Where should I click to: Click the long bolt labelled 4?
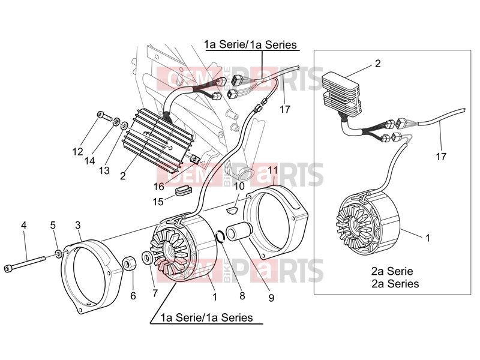pyautogui.click(x=25, y=264)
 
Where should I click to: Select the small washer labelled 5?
pyautogui.click(x=58, y=253)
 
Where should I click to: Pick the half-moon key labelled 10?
pyautogui.click(x=232, y=209)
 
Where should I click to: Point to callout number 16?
pyautogui.click(x=159, y=186)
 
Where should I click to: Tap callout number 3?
pyautogui.click(x=78, y=225)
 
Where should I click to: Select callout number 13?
pyautogui.click(x=104, y=170)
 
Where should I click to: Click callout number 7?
pyautogui.click(x=155, y=293)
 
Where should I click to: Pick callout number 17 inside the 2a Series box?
pyautogui.click(x=441, y=157)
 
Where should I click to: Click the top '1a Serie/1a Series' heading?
pyautogui.click(x=250, y=44)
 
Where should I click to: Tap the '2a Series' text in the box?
pyautogui.click(x=395, y=284)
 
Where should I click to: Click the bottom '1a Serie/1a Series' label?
pyautogui.click(x=207, y=317)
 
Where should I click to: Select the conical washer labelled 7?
pyautogui.click(x=146, y=257)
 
